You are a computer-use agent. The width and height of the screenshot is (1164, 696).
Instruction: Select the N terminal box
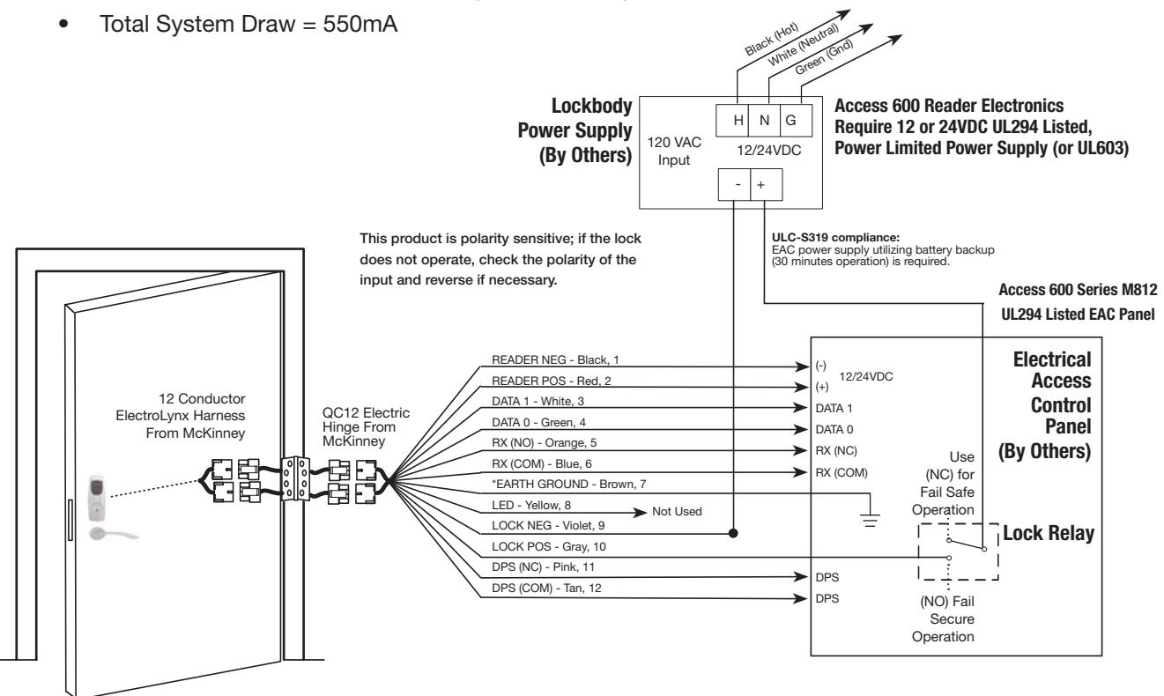764,121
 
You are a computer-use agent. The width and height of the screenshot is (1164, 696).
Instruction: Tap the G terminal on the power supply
796,121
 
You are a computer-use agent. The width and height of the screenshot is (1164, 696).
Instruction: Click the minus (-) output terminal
734,184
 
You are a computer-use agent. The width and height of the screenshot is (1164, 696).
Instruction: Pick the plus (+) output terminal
767,184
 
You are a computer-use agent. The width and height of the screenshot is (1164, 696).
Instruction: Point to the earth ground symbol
870,520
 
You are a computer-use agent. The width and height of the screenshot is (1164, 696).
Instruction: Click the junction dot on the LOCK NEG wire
733,533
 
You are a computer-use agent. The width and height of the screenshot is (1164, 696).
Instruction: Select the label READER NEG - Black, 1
555,359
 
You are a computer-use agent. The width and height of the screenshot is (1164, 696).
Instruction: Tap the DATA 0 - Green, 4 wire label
538,422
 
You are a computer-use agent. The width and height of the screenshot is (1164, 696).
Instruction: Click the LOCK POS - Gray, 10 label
549,546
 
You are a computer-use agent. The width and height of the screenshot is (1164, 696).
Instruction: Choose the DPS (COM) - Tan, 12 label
546,588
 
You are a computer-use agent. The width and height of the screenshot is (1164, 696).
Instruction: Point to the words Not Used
677,512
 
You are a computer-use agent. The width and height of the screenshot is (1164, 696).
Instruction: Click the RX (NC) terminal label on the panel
836,451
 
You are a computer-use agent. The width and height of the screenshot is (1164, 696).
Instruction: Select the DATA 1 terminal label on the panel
834,408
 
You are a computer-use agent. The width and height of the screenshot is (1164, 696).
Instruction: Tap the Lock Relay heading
1048,533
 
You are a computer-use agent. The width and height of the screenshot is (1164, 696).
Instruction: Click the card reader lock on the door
97,498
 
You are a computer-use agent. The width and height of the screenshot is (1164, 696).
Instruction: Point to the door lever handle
112,534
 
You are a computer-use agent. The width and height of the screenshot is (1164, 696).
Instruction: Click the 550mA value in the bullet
360,24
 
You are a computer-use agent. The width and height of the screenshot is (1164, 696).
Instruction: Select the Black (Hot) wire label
771,40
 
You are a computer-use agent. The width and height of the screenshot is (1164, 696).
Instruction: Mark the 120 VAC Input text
674,152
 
